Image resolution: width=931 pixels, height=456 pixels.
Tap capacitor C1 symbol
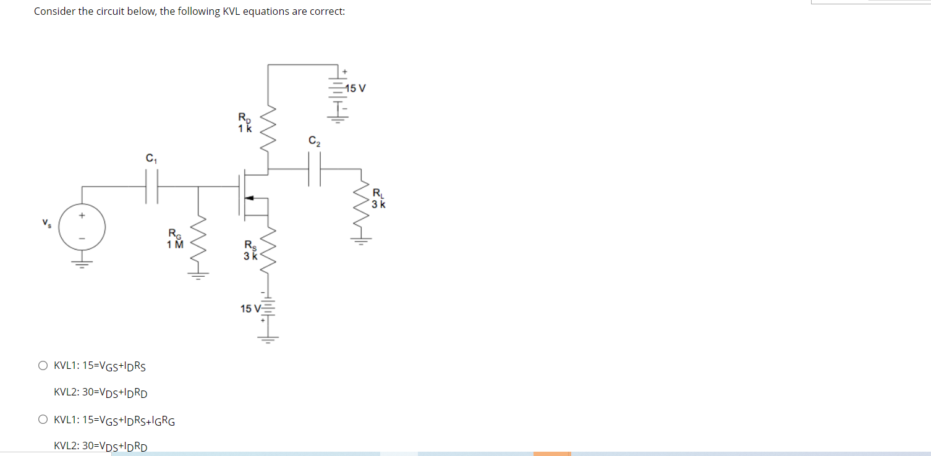(151, 187)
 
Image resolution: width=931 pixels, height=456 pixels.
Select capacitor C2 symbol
(315, 169)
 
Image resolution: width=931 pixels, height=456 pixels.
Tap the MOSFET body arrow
(249, 198)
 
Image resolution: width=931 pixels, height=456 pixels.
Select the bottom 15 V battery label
(250, 308)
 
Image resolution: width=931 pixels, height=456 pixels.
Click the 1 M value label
(175, 245)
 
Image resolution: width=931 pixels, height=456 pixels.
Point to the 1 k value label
(245, 129)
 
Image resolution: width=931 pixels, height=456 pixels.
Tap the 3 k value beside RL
(378, 205)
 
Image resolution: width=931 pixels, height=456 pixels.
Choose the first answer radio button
(43, 365)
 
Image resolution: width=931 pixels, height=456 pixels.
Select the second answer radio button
(43, 420)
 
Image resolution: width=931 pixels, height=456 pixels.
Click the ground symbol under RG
(198, 276)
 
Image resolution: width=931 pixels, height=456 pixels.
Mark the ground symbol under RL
(361, 241)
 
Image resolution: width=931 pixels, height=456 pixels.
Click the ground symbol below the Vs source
(82, 264)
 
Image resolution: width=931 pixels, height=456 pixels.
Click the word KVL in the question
(231, 11)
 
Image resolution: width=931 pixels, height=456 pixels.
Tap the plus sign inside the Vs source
(82, 215)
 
